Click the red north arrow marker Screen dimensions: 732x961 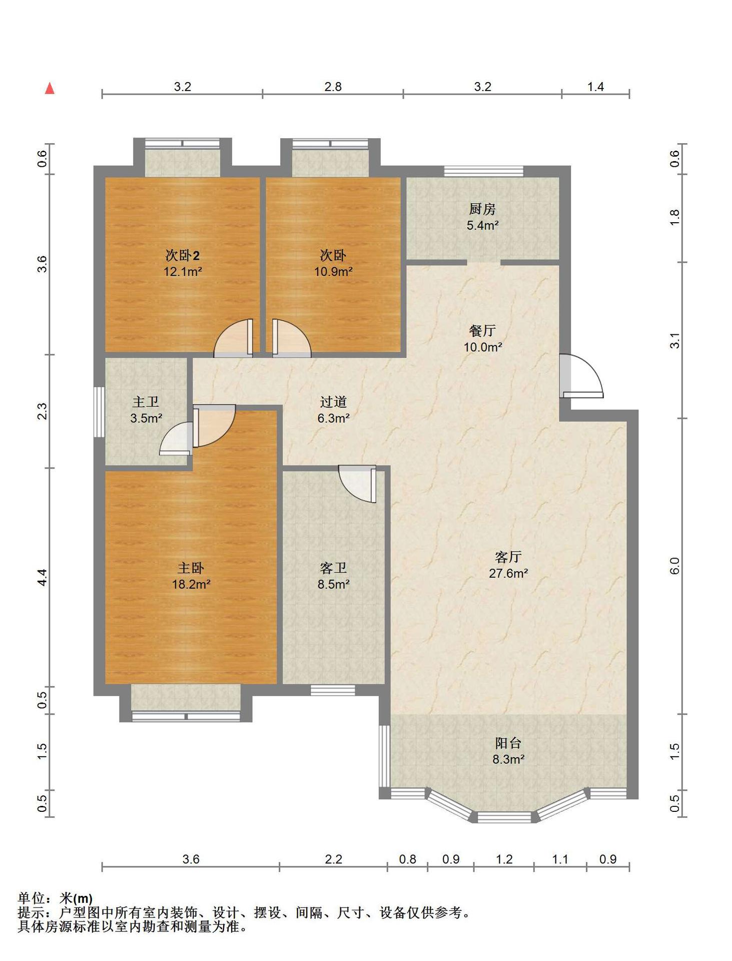[x=50, y=89]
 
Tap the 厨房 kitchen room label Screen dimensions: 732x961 [x=482, y=209]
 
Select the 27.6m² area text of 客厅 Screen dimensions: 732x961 [x=508, y=574]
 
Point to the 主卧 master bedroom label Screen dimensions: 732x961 [x=191, y=568]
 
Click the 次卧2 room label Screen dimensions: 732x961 [x=183, y=255]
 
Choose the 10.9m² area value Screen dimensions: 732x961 [x=333, y=272]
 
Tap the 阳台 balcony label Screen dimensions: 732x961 [x=508, y=743]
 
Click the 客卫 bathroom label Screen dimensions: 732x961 [x=333, y=568]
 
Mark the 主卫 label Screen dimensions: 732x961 [x=146, y=402]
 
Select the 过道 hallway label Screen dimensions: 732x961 [x=333, y=402]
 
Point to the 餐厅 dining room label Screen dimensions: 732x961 [x=482, y=330]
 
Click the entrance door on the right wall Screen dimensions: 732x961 [x=581, y=376]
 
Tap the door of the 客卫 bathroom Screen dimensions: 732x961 [x=357, y=484]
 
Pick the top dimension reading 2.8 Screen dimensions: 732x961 [x=333, y=87]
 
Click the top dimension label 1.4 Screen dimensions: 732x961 [x=595, y=87]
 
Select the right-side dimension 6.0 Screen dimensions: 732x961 [x=674, y=566]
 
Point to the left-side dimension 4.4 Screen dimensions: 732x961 [x=43, y=578]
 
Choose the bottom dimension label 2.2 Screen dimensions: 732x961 [x=333, y=859]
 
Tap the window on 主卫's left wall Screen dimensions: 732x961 [x=100, y=412]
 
